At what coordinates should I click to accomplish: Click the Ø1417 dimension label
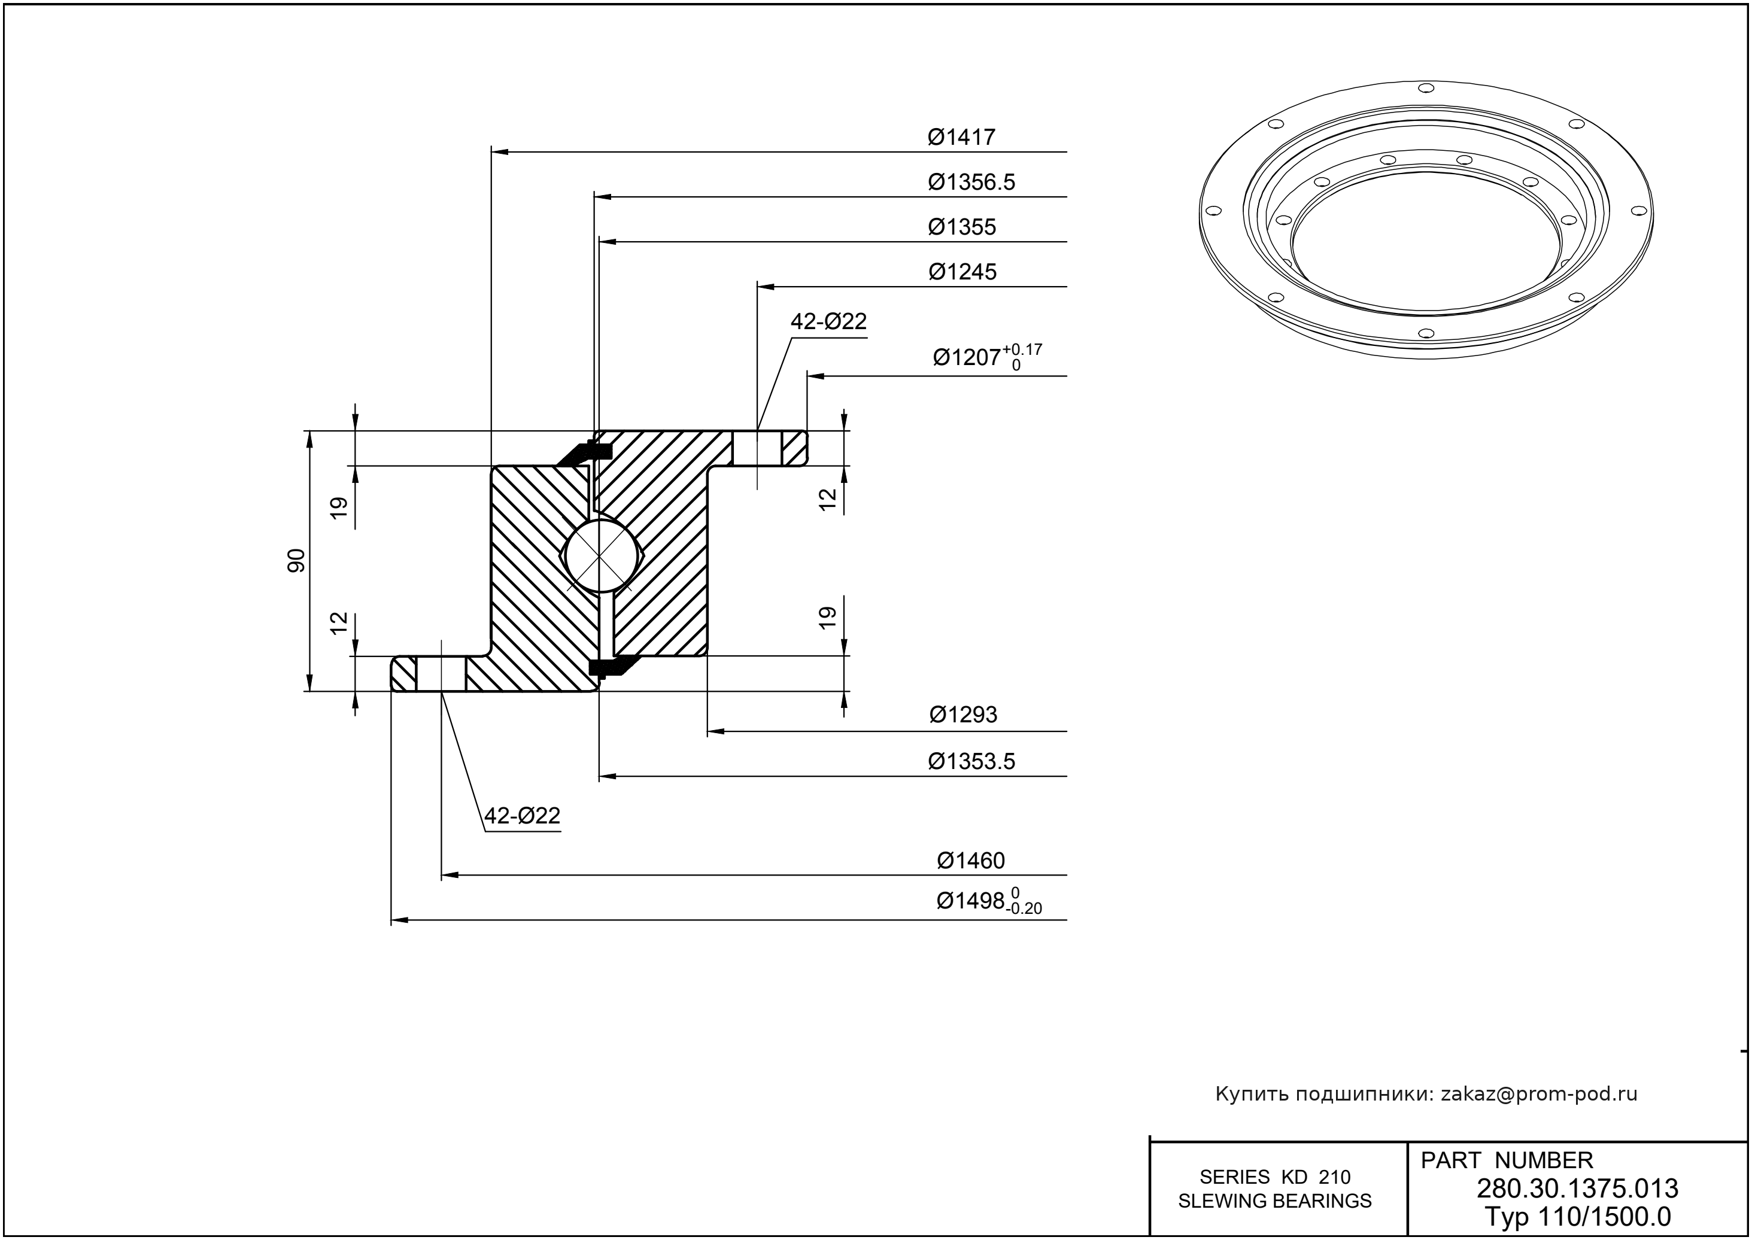(x=961, y=138)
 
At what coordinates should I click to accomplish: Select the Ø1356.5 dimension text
(x=971, y=183)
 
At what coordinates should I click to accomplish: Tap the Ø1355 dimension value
(x=961, y=227)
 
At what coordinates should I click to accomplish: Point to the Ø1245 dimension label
(x=961, y=272)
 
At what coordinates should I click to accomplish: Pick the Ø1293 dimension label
(x=962, y=715)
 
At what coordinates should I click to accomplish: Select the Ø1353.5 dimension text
(x=971, y=761)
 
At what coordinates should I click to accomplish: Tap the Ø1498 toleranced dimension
(x=988, y=901)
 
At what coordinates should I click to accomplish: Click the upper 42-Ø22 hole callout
(x=828, y=322)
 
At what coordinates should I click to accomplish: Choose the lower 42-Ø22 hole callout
(x=523, y=816)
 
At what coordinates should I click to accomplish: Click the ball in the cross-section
(x=601, y=555)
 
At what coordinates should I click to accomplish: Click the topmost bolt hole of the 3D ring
(x=1425, y=88)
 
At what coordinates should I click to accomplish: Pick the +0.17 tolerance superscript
(x=1022, y=349)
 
